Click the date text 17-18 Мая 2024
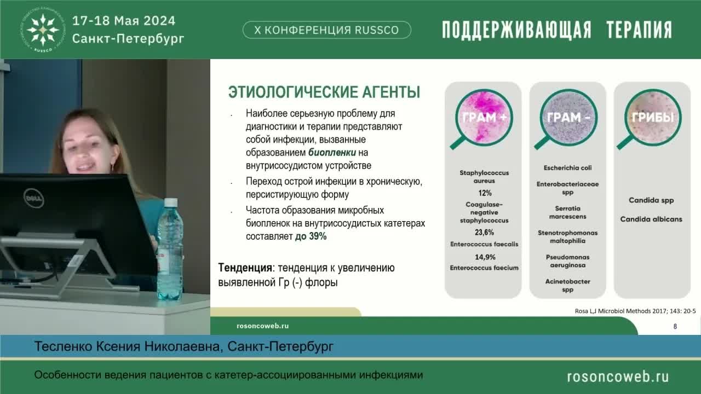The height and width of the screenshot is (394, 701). (x=124, y=21)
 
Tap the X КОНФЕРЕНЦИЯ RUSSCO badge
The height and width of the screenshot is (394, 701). (x=327, y=30)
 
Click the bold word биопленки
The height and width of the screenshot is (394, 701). (x=332, y=153)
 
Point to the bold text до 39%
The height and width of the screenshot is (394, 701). (x=311, y=236)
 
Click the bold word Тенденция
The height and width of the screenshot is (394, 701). (x=245, y=268)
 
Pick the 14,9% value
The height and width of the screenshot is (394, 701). (x=484, y=257)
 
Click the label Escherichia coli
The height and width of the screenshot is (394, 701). (x=567, y=168)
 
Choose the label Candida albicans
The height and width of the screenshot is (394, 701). (x=651, y=219)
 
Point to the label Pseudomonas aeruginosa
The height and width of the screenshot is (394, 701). (x=567, y=261)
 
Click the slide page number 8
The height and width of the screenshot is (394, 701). (x=675, y=327)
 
